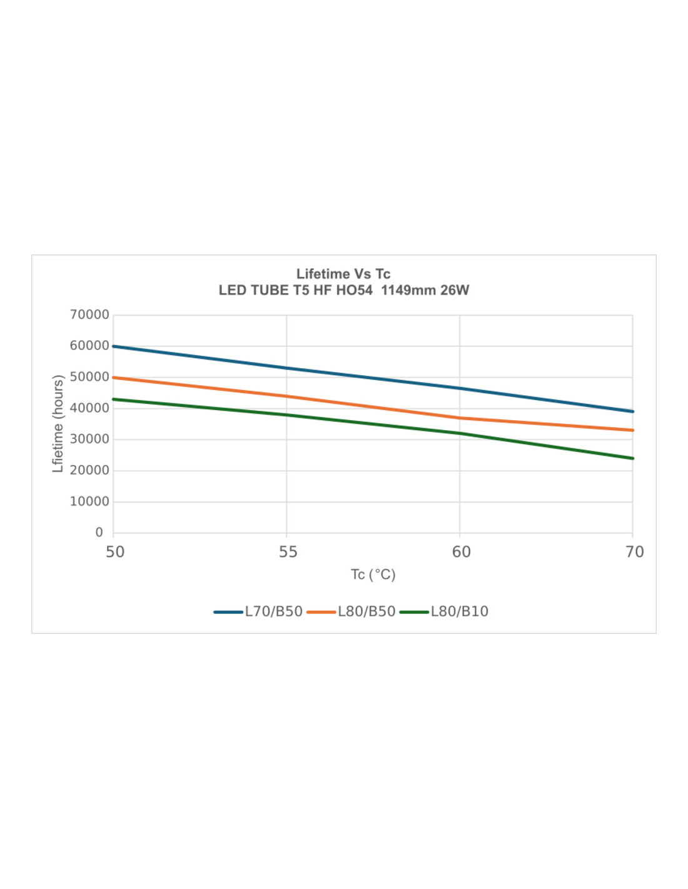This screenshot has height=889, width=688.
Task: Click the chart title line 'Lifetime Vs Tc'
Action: click(343, 274)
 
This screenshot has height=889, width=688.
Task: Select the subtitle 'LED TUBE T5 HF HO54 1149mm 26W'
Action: click(343, 290)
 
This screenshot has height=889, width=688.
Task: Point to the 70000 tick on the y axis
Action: click(89, 315)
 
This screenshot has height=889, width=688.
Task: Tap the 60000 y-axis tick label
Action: click(89, 346)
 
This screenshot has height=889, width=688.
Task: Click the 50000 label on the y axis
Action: click(89, 377)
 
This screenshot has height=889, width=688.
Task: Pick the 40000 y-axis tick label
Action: click(89, 408)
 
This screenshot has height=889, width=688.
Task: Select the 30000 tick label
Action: click(89, 439)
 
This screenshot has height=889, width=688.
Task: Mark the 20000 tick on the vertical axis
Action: click(89, 470)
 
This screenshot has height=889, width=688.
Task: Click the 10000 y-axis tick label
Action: click(89, 501)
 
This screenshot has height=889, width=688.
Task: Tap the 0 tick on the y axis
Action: click(99, 533)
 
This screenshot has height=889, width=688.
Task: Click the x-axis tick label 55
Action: click(288, 552)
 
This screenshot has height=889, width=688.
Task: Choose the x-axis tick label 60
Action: click(461, 552)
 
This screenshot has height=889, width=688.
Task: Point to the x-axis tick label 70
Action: click(634, 552)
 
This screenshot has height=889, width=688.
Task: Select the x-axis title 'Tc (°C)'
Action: click(373, 575)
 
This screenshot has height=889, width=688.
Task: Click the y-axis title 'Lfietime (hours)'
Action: click(58, 423)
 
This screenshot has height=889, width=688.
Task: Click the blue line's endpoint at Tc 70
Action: click(632, 411)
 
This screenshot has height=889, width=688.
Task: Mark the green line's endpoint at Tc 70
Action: click(632, 458)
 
